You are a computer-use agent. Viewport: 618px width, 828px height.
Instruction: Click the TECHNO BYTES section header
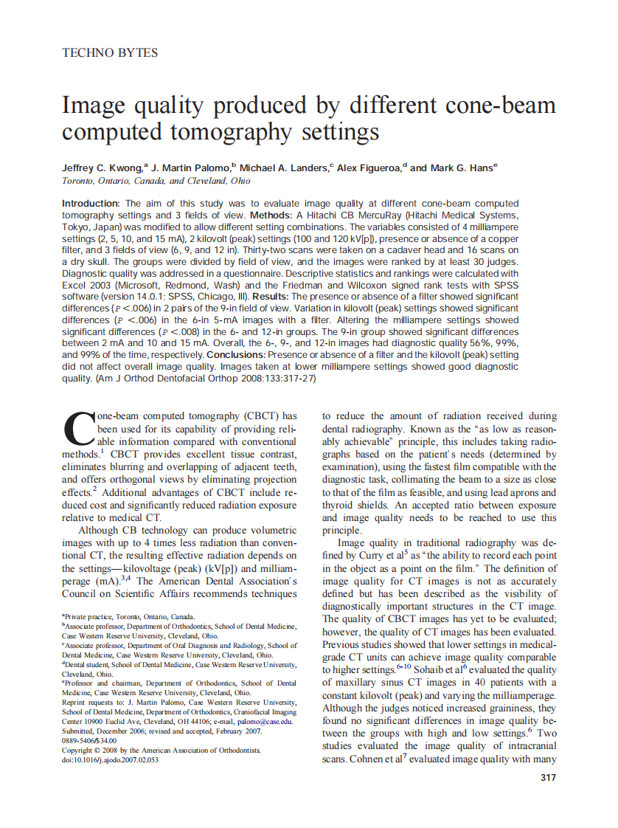click(109, 52)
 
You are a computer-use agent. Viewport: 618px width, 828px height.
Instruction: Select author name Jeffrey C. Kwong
click(103, 168)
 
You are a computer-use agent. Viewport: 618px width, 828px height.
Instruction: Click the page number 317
click(547, 777)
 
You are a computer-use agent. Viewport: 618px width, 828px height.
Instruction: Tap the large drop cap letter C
click(77, 430)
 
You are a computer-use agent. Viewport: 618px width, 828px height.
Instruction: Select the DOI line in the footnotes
click(111, 759)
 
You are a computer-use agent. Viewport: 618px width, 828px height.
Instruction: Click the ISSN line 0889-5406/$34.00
click(89, 740)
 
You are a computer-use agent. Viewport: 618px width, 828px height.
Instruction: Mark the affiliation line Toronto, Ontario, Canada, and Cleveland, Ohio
click(156, 181)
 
